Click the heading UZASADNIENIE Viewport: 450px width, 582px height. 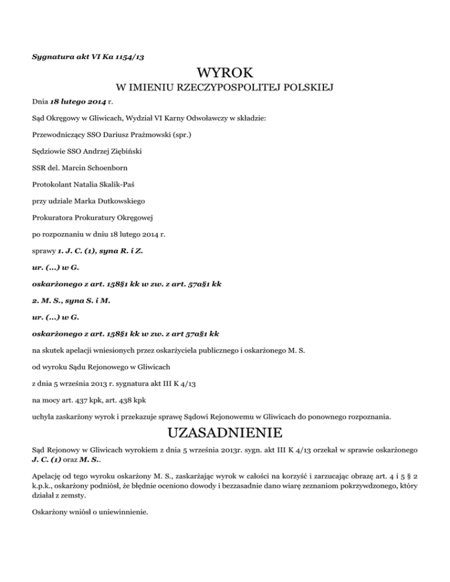(224, 434)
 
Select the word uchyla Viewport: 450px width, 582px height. (43, 418)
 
